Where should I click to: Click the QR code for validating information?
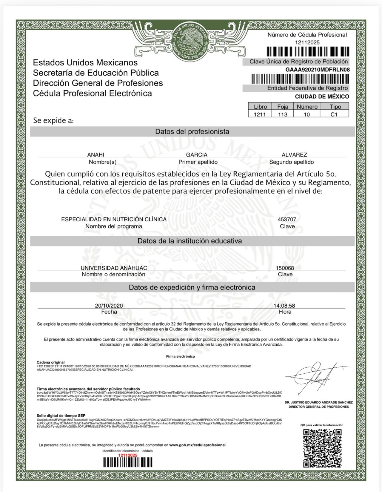pyautogui.click(x=322, y=448)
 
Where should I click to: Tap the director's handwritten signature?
pyautogui.click(x=316, y=376)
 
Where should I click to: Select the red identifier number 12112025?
pyautogui.click(x=128, y=455)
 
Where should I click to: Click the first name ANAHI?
pyautogui.click(x=96, y=154)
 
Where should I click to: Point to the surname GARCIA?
pyautogui.click(x=197, y=154)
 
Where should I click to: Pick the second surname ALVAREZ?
pyautogui.click(x=294, y=154)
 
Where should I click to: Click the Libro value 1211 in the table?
pyautogui.click(x=260, y=114)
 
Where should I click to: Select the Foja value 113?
pyautogui.click(x=282, y=114)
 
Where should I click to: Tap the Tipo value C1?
pyautogui.click(x=334, y=114)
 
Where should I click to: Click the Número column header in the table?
pyautogui.click(x=307, y=107)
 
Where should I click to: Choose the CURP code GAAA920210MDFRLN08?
pyautogui.click(x=317, y=70)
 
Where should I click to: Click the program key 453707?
pyautogui.click(x=287, y=219)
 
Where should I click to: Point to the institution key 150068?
pyautogui.click(x=285, y=268)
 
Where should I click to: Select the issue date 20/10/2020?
pyautogui.click(x=109, y=306)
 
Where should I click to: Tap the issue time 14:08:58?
pyautogui.click(x=284, y=306)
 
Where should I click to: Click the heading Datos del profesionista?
pyautogui.click(x=192, y=131)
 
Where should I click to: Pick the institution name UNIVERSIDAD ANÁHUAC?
pyautogui.click(x=114, y=268)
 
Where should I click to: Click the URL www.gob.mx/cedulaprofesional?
pyautogui.click(x=197, y=445)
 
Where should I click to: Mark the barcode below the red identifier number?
pyautogui.click(x=128, y=462)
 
